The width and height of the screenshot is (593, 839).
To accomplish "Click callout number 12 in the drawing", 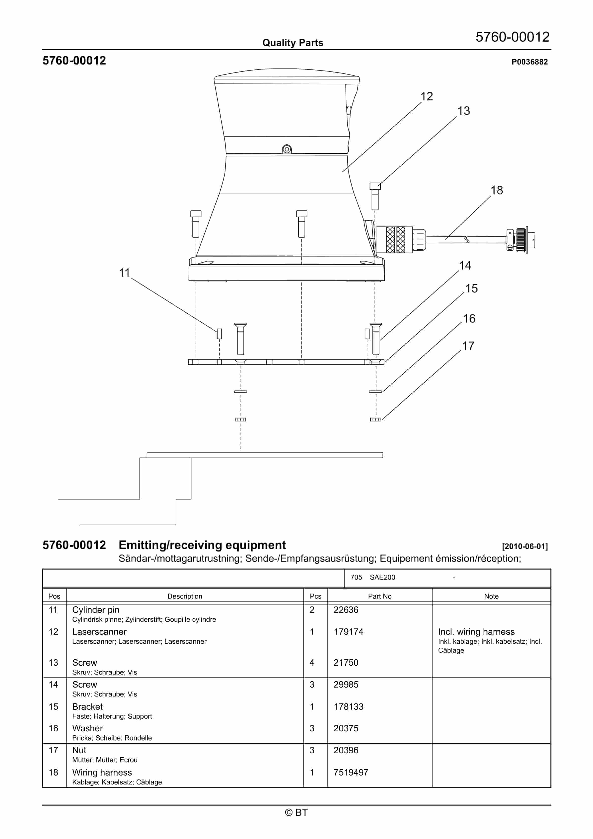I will pyautogui.click(x=426, y=96).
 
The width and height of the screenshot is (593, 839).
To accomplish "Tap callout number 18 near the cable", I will pyautogui.click(x=497, y=190).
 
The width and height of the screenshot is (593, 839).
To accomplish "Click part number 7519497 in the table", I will pyautogui.click(x=351, y=772).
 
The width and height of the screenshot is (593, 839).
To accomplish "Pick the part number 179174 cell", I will pyautogui.click(x=348, y=631).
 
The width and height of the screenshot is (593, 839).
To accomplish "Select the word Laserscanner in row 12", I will pyautogui.click(x=99, y=631).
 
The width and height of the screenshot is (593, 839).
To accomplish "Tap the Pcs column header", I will pyautogui.click(x=315, y=596).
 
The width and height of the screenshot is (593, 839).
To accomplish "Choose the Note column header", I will pyautogui.click(x=491, y=596).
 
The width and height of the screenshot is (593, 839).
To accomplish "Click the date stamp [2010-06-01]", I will pyautogui.click(x=525, y=546).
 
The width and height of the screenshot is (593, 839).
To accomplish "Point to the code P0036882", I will pyautogui.click(x=529, y=62).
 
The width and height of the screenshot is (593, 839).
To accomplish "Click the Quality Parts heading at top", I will pyautogui.click(x=293, y=43).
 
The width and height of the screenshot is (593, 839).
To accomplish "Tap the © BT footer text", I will pyautogui.click(x=296, y=812).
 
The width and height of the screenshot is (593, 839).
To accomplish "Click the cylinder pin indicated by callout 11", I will pyautogui.click(x=219, y=334).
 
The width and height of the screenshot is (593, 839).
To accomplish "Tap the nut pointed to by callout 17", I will pyautogui.click(x=375, y=419).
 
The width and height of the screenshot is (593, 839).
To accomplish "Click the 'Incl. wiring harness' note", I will pyautogui.click(x=476, y=631).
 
